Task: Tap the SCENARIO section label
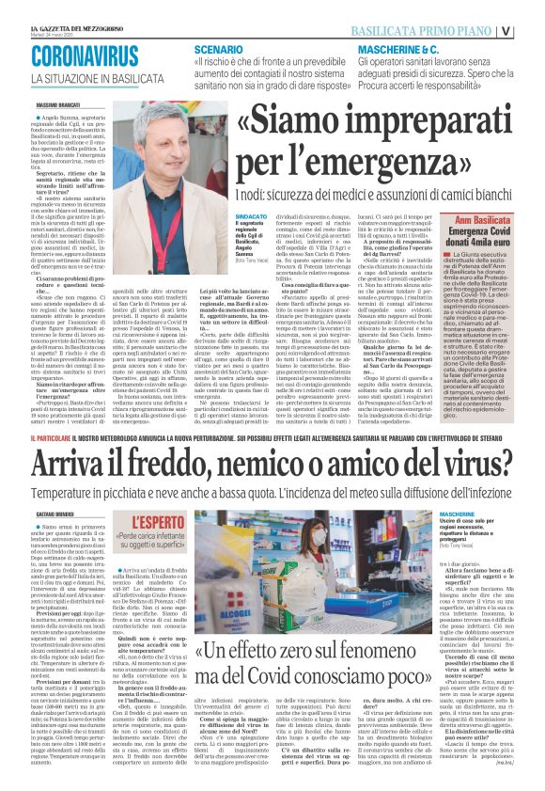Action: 219,48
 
